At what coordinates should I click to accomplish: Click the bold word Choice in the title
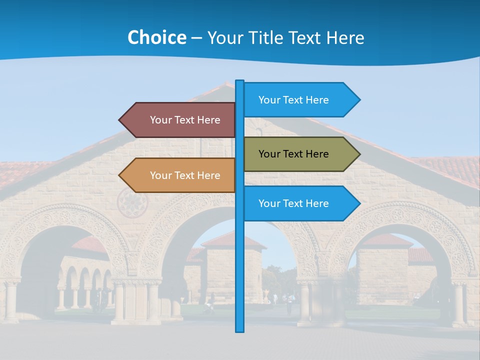[x=156, y=37]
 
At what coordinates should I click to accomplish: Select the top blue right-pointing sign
[x=300, y=100]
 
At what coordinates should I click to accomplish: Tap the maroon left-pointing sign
[x=180, y=120]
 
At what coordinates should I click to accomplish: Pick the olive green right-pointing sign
[x=300, y=154]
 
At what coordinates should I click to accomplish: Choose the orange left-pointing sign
[x=180, y=175]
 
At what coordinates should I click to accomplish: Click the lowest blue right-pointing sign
[x=300, y=203]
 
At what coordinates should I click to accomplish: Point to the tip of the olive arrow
[x=359, y=154]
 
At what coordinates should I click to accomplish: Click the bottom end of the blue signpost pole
[x=240, y=330]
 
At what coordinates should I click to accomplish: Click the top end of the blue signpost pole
[x=240, y=81]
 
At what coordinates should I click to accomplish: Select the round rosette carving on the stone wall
[x=132, y=202]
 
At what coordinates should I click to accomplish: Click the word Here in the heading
[x=345, y=37]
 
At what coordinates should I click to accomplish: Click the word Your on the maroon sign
[x=160, y=120]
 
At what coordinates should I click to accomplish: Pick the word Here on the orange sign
[x=209, y=175]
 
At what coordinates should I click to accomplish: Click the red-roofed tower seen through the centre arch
[x=233, y=265]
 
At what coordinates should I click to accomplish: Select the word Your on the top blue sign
[x=269, y=100]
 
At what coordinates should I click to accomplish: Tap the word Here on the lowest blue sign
[x=317, y=203]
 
